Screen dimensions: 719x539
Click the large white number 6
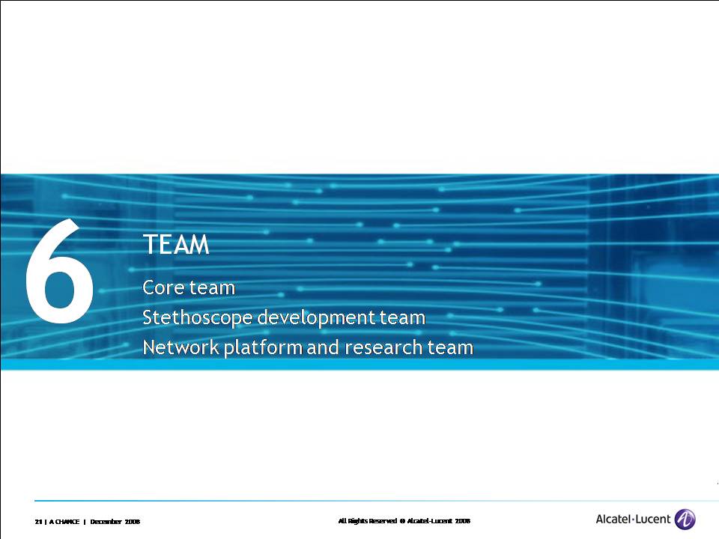tap(60, 271)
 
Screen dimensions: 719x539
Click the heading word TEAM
tap(176, 244)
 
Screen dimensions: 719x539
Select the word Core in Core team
tap(163, 287)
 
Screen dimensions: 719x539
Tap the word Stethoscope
tap(197, 317)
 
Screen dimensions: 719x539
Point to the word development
tap(316, 317)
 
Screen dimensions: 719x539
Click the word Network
tap(180, 347)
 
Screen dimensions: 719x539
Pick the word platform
tap(263, 348)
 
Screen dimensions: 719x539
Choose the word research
tap(383, 347)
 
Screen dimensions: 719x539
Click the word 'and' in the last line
tap(324, 347)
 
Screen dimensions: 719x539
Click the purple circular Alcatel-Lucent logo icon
tap(685, 520)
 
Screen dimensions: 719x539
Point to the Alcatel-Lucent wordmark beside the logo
tap(633, 520)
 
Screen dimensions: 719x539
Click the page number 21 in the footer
tap(38, 522)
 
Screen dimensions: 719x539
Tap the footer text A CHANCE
tap(64, 522)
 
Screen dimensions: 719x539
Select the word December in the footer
tap(106, 522)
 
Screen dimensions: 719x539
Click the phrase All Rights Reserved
tap(367, 521)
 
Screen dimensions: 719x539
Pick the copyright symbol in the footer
tap(402, 521)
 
